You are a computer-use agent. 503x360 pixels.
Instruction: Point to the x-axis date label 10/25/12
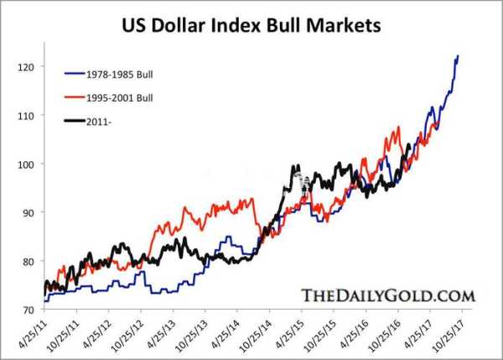tap(126, 336)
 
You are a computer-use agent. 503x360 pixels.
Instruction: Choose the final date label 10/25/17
tap(449, 336)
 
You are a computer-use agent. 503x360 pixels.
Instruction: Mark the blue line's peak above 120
tap(458, 56)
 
